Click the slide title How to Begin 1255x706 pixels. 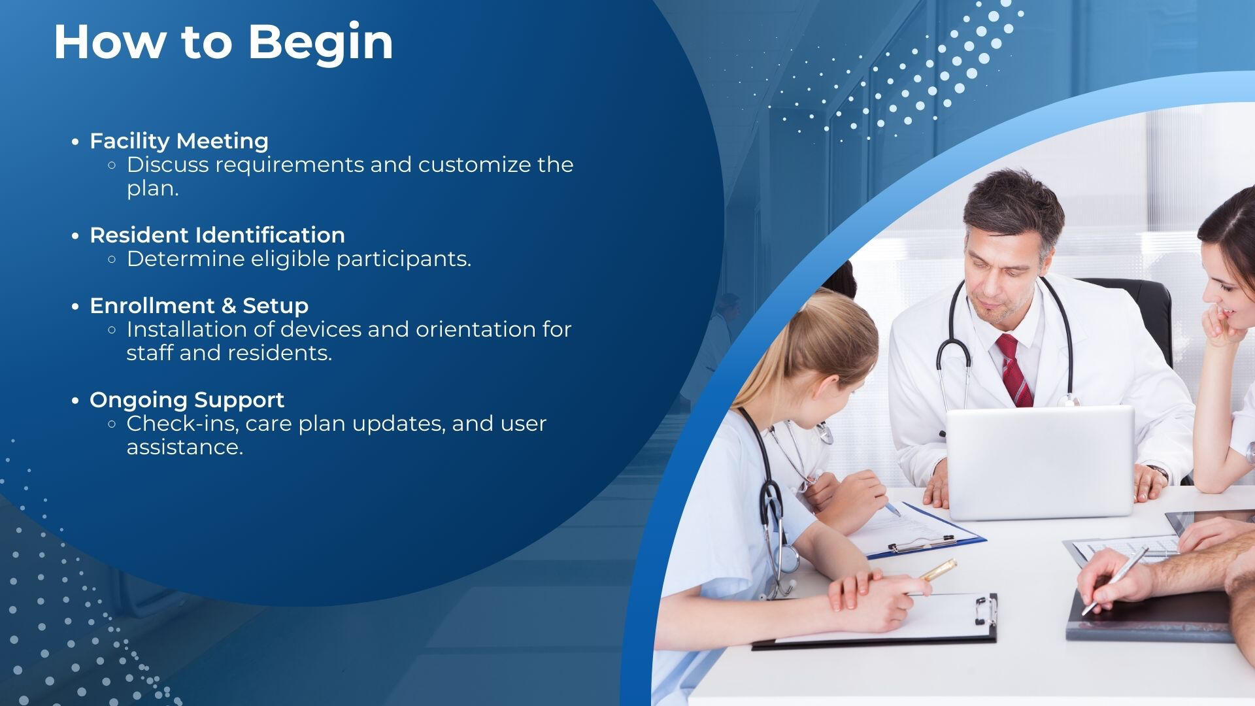pos(224,43)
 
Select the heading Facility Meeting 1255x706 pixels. pos(179,141)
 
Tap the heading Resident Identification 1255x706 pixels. pos(217,235)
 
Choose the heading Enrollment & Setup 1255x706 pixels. pos(199,306)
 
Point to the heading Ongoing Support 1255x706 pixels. pos(187,400)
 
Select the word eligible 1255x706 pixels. pos(291,260)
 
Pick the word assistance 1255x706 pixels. pos(185,448)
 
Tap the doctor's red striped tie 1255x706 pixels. pos(1013,370)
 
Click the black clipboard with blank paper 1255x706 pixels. pos(876,620)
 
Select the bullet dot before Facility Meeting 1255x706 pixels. pos(76,142)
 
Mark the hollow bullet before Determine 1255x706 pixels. pos(112,260)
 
